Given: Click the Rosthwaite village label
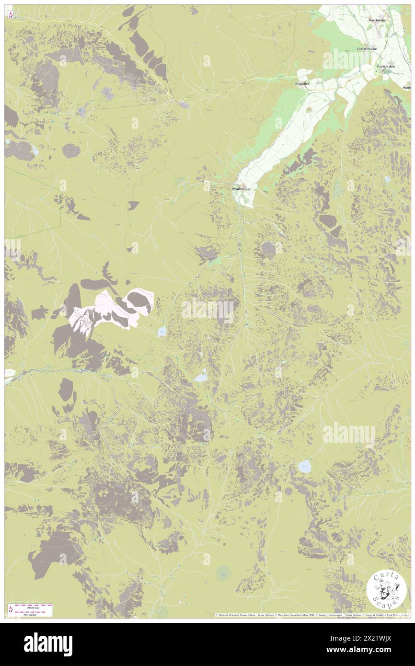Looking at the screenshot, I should (377, 20).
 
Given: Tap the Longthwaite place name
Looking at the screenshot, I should (367, 49).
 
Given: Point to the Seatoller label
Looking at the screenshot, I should (303, 83).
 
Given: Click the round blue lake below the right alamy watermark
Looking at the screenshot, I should (304, 466).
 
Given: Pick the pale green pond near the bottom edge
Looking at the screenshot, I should (224, 572).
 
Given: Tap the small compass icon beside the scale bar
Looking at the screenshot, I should (10, 609).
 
